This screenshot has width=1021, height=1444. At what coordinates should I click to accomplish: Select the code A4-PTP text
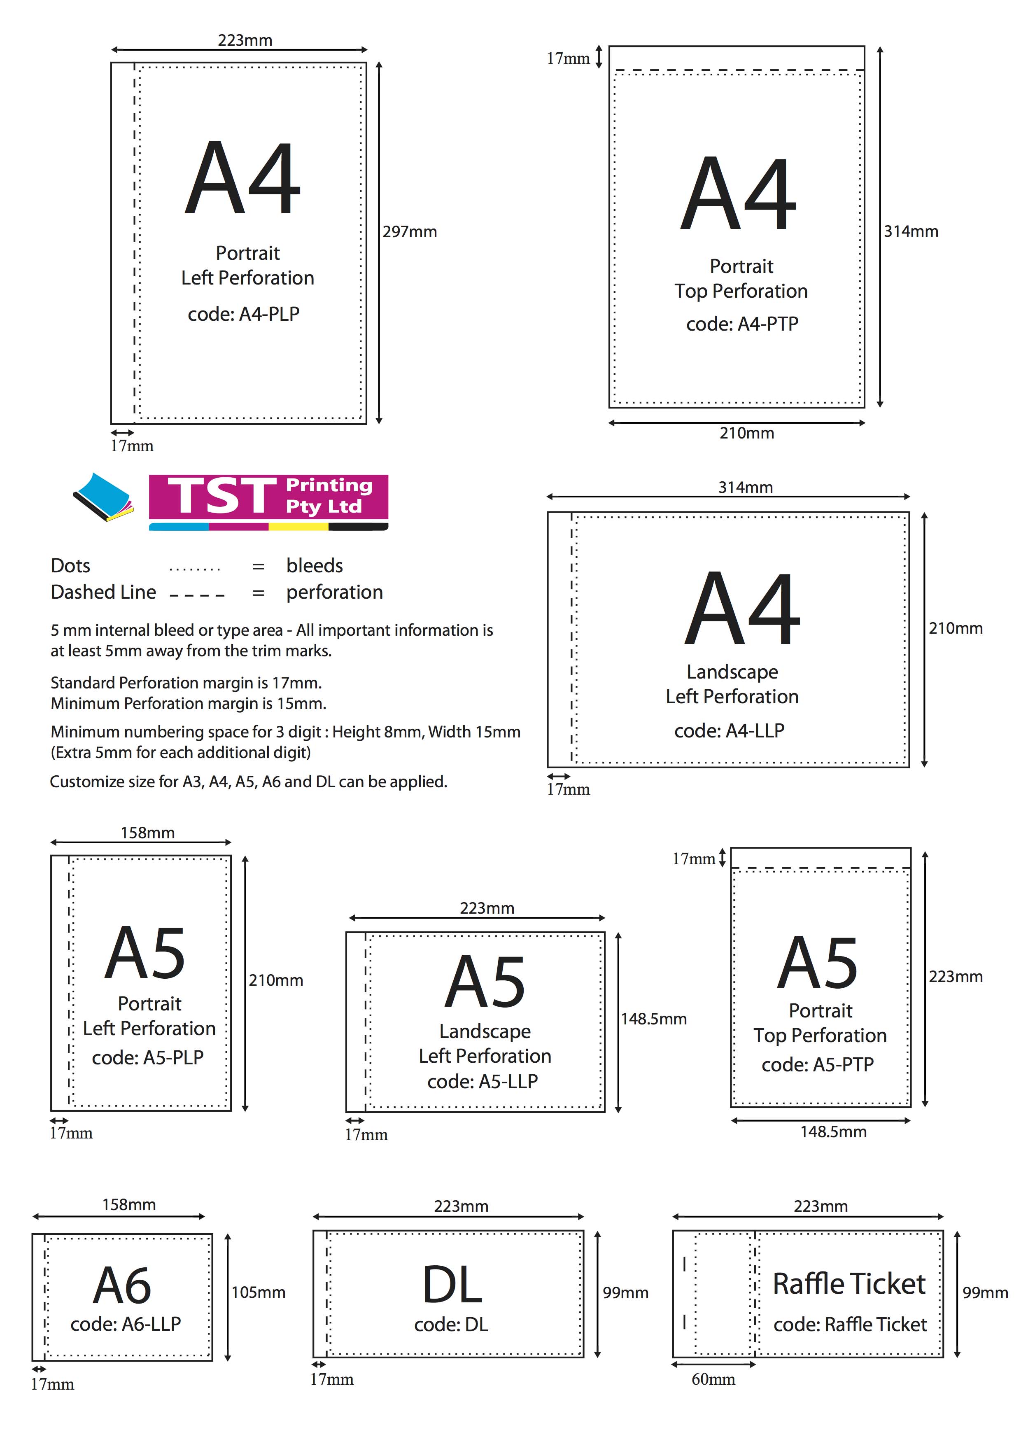(742, 324)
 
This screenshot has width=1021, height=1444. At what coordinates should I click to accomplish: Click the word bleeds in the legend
(315, 565)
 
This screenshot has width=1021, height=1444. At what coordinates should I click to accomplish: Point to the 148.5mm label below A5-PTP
(833, 1131)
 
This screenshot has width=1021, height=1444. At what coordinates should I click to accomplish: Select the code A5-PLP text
(148, 1057)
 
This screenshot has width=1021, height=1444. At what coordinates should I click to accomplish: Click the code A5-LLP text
(482, 1081)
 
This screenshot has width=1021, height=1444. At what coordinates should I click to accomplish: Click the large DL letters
(452, 1285)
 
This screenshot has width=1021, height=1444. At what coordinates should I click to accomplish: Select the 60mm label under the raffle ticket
(713, 1379)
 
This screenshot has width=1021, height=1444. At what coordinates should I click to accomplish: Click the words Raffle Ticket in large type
(849, 1284)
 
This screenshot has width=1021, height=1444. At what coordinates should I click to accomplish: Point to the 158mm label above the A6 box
(129, 1204)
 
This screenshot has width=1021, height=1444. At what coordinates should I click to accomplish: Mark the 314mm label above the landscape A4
(745, 488)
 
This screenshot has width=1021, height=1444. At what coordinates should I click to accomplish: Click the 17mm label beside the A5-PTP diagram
(693, 858)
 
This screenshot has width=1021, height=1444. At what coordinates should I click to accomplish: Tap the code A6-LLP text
(126, 1324)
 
